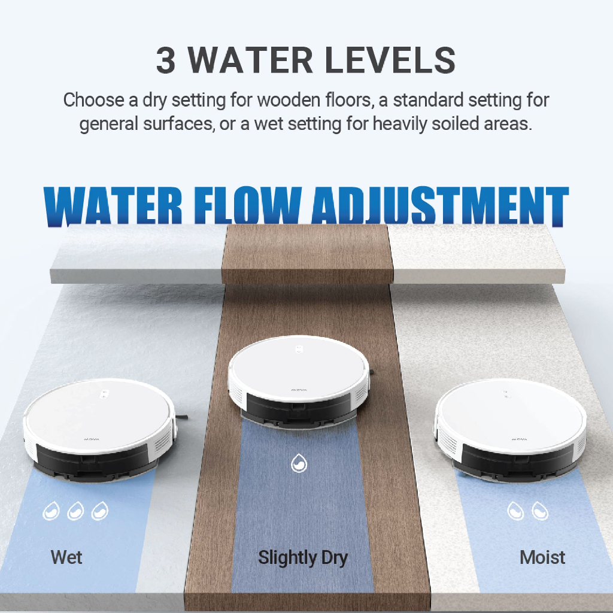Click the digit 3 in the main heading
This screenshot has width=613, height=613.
[165, 60]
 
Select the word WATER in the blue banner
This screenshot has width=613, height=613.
[113, 206]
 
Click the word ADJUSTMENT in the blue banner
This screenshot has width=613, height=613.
[440, 206]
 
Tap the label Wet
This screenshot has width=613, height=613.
[66, 557]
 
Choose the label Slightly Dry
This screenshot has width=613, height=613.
[302, 558]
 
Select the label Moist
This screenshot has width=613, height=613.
[542, 557]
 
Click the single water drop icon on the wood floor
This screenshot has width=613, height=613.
[299, 463]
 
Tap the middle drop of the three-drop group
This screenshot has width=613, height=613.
[75, 511]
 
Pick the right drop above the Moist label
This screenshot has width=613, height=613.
[540, 511]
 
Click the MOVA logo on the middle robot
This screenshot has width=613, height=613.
[299, 390]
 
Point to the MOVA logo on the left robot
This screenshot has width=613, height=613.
[92, 439]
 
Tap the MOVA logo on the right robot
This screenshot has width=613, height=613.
[519, 439]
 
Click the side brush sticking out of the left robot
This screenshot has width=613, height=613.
[182, 417]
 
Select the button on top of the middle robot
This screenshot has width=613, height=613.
[299, 350]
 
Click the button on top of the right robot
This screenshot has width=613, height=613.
[506, 394]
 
